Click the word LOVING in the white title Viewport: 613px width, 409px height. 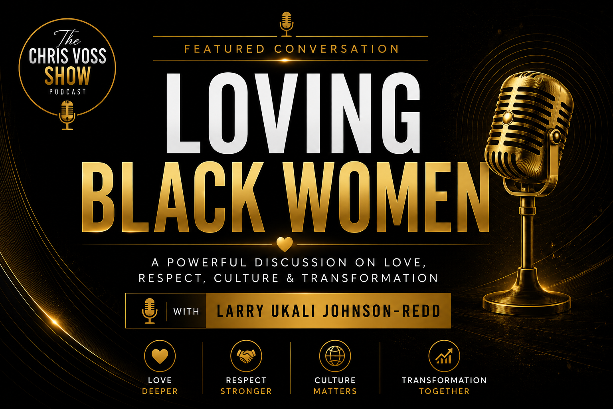(x=293, y=113)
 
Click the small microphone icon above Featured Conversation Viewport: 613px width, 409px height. (x=287, y=24)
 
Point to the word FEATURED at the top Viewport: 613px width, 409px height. (x=225, y=49)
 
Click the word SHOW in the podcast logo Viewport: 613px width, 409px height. (x=67, y=75)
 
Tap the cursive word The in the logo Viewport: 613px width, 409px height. (x=67, y=38)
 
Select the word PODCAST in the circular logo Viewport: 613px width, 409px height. (x=67, y=91)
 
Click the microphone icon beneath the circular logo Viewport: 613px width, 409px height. (x=67, y=115)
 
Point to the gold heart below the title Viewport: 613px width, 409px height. (x=285, y=244)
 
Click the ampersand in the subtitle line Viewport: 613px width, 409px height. (x=291, y=278)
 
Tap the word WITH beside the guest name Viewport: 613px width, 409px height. (x=186, y=312)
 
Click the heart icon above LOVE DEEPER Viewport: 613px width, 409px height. (x=160, y=356)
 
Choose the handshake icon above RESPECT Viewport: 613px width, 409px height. (x=246, y=356)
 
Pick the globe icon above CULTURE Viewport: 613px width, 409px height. (x=335, y=356)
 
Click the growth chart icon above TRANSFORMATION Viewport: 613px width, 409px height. (x=444, y=356)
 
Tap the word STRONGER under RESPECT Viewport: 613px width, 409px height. (x=246, y=391)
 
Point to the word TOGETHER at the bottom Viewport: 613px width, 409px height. (x=444, y=391)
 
